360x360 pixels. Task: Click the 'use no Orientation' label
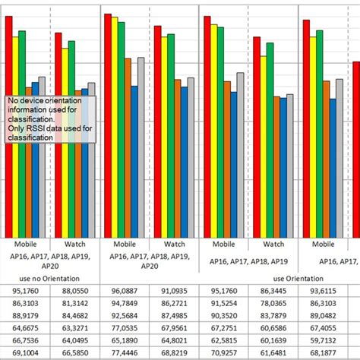(x=50, y=277)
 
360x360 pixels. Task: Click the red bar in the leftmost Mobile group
(x=9, y=129)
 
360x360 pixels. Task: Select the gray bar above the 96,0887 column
(x=141, y=144)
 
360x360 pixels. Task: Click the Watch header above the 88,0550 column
(x=75, y=245)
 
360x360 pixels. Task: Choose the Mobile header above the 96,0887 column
(x=125, y=245)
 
